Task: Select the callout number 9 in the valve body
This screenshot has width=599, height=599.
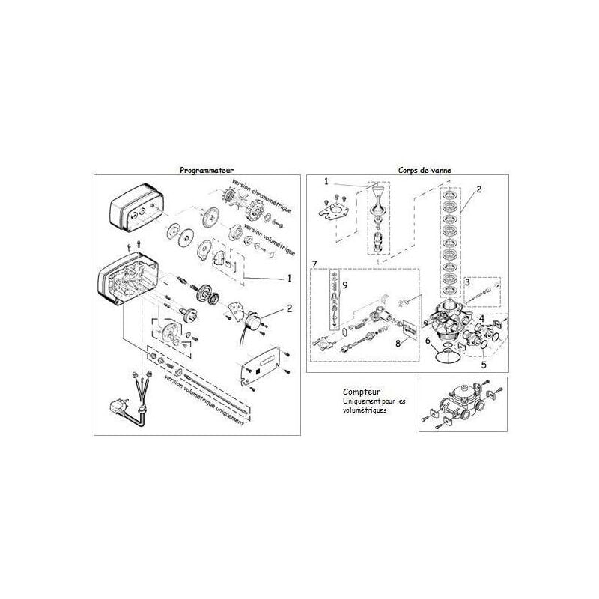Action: (344, 285)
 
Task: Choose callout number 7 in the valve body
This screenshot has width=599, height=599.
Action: (314, 263)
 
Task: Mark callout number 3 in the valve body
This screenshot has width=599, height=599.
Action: (466, 282)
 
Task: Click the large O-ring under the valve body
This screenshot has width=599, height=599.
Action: (447, 356)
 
